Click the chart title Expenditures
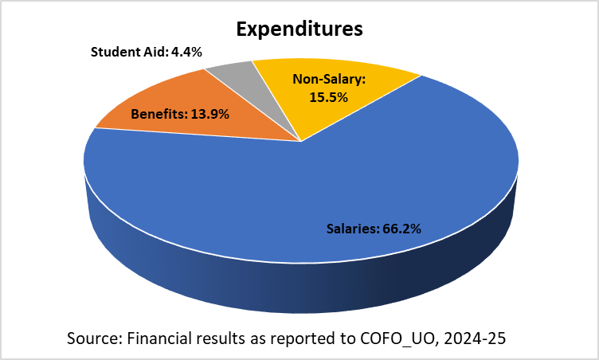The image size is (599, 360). point(299,29)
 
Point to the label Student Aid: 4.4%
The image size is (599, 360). point(146,52)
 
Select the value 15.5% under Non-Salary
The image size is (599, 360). point(327,96)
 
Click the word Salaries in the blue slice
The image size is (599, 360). point(351,229)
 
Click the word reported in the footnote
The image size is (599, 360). point(298,338)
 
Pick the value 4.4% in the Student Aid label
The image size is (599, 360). point(187,52)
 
